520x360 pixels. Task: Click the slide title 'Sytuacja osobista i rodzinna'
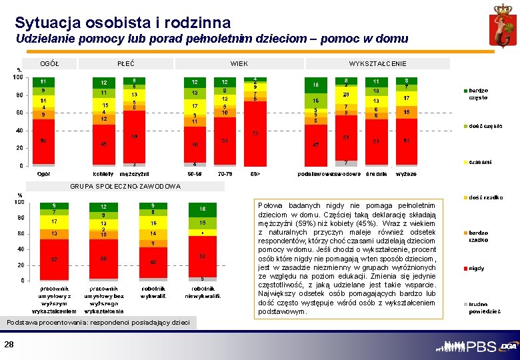[x=123, y=23]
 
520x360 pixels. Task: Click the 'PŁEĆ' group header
[x=126, y=64]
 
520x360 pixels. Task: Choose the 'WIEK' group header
[x=239, y=64]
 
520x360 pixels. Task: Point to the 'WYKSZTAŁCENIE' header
[x=377, y=64]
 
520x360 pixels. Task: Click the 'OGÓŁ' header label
[x=49, y=64]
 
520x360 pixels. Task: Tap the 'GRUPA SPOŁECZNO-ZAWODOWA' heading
[x=125, y=186]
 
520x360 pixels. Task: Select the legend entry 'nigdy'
[x=477, y=268]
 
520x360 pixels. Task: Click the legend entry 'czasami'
[x=480, y=162]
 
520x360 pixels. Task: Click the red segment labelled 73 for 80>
[x=255, y=133]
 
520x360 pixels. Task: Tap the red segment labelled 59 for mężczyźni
[x=134, y=137]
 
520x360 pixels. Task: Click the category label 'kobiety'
[x=103, y=173]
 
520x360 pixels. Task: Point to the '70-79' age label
[x=225, y=173]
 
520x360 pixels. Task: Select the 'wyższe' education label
[x=406, y=173]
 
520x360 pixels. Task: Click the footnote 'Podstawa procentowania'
[x=98, y=323]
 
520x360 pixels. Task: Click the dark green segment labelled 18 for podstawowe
[x=316, y=85]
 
